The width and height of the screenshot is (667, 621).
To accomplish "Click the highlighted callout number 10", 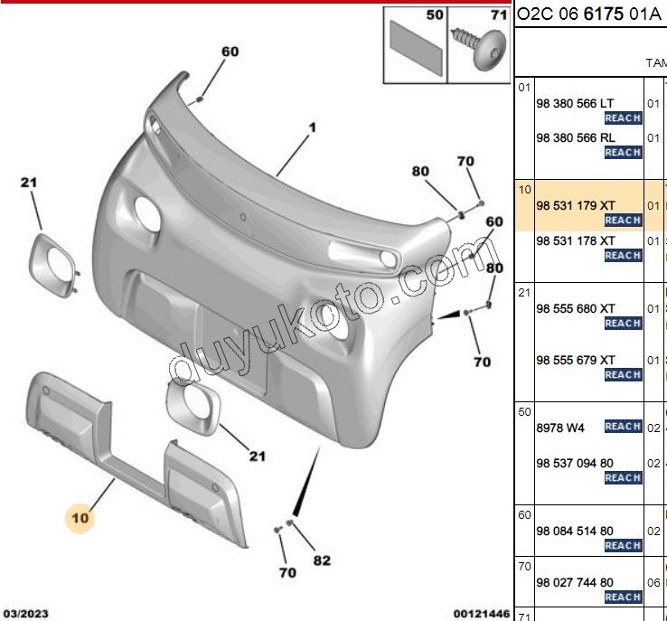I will (80, 518).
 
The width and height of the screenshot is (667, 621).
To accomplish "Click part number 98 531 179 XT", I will (576, 206).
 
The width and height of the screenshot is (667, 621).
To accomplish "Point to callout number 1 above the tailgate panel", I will (312, 128).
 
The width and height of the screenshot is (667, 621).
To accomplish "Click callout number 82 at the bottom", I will (322, 560).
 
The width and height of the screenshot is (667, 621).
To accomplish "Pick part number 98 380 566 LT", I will (576, 104).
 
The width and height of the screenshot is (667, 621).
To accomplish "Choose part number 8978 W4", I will (560, 426).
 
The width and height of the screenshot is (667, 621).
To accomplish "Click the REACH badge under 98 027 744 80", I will (623, 597).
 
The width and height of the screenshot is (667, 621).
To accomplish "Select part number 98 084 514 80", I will (575, 532).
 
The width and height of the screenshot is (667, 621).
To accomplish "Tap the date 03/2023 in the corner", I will (26, 614).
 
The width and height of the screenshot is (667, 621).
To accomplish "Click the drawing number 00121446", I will (482, 614).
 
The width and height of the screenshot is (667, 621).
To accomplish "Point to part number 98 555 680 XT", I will (576, 308).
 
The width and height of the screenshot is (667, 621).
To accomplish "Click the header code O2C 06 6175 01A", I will (588, 14).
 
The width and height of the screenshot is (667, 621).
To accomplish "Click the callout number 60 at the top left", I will (230, 52).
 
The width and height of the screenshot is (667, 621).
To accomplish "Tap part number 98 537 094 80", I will (575, 463).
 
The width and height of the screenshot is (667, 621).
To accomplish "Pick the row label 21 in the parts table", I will (523, 292).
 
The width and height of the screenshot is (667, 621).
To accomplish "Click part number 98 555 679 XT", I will (576, 360).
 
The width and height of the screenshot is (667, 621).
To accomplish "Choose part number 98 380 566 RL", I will (576, 137).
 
